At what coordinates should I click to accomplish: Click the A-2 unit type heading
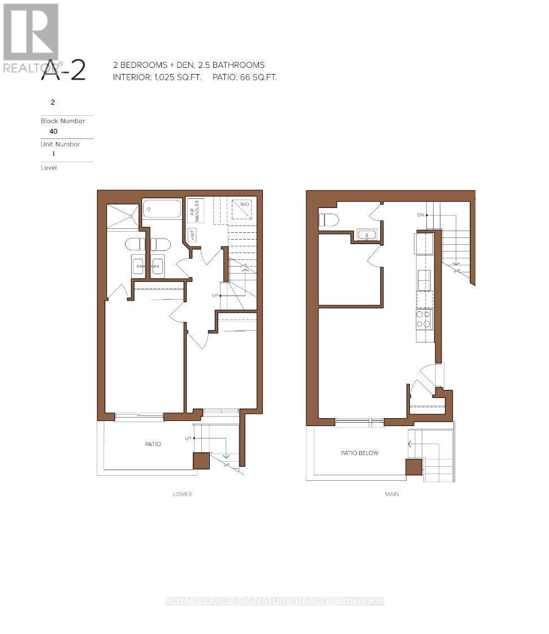(x=63, y=72)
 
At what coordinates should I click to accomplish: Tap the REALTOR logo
(x=31, y=37)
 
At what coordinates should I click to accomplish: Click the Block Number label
(x=63, y=121)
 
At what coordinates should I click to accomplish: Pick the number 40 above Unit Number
(x=54, y=132)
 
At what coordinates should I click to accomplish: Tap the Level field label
(x=49, y=168)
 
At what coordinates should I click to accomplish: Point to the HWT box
(x=193, y=235)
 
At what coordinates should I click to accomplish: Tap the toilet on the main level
(x=328, y=220)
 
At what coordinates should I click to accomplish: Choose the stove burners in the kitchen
(x=424, y=319)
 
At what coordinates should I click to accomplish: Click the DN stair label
(x=420, y=215)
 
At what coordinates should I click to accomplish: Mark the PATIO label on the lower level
(x=153, y=444)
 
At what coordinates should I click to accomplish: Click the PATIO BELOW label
(x=360, y=453)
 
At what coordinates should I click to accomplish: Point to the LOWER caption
(x=182, y=494)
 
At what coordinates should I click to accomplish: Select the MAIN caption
(x=392, y=494)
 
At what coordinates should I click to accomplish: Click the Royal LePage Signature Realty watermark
(x=275, y=601)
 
